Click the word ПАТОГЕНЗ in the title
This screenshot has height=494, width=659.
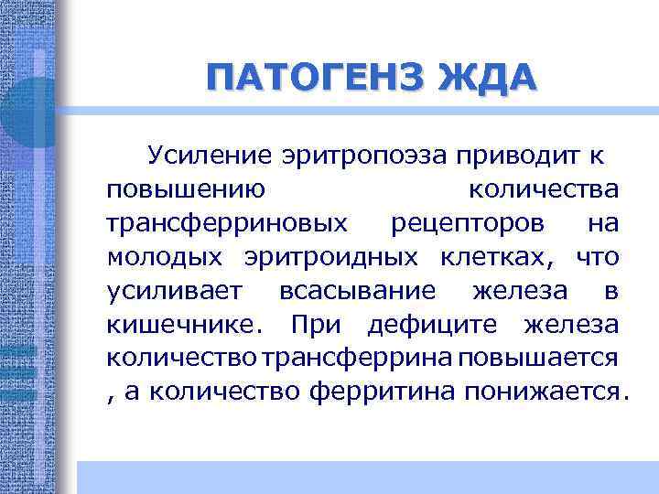[308, 76]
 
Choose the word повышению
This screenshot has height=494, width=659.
[187, 190]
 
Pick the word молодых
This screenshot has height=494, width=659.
[167, 258]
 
